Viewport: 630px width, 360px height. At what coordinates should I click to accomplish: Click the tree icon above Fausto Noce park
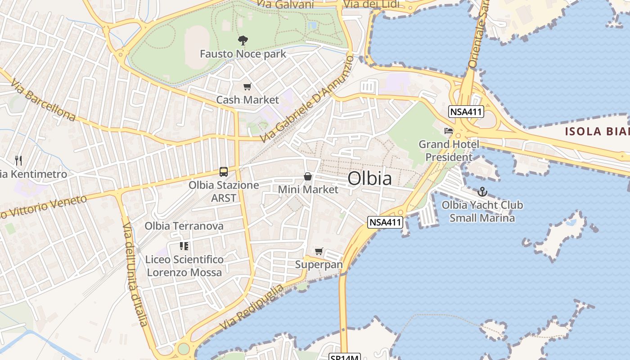(243, 40)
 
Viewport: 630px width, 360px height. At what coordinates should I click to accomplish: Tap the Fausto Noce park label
(243, 54)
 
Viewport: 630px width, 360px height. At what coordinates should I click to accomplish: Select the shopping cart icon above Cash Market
(247, 87)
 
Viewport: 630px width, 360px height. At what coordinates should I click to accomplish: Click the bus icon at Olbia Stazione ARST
(224, 171)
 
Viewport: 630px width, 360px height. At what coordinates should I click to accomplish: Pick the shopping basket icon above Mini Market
(308, 176)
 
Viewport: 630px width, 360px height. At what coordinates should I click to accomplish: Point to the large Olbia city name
(369, 179)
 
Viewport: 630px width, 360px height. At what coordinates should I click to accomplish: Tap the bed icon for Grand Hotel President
(449, 131)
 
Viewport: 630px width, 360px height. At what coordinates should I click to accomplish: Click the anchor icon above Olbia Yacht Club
(482, 192)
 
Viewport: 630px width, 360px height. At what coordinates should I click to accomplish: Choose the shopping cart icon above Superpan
(319, 251)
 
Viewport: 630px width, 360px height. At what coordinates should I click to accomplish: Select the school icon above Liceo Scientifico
(184, 246)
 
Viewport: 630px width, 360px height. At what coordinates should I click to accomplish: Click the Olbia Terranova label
(184, 226)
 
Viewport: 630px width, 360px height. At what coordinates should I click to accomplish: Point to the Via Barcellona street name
(43, 101)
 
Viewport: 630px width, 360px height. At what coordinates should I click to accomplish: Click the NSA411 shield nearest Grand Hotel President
(466, 112)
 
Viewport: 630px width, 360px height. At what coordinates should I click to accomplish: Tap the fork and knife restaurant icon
(18, 160)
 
